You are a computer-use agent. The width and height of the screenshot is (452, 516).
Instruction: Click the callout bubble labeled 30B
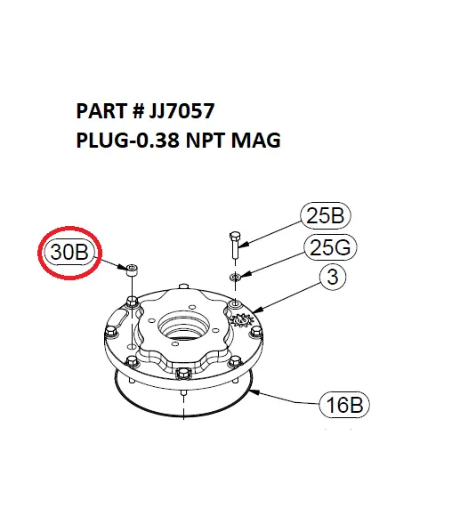pyautogui.click(x=69, y=252)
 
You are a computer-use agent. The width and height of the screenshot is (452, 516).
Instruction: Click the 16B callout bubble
pyautogui.click(x=343, y=406)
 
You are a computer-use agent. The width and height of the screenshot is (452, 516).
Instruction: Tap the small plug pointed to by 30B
pyautogui.click(x=132, y=270)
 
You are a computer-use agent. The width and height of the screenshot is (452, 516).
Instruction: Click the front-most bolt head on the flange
pyautogui.click(x=183, y=373)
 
